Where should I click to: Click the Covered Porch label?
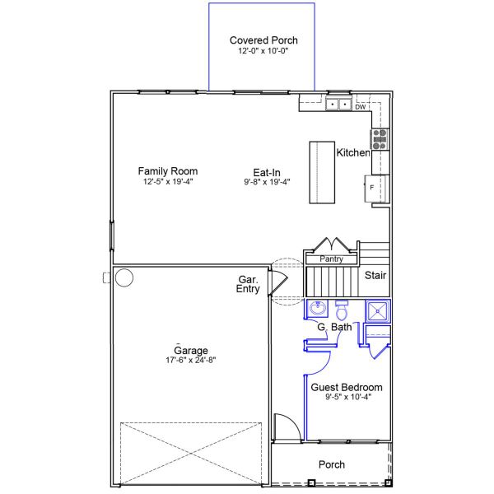[263, 40]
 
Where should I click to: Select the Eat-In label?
[267, 171]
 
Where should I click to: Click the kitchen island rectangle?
[322, 173]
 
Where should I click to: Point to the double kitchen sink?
[338, 105]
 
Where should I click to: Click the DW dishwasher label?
[360, 107]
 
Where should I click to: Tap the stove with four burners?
[380, 138]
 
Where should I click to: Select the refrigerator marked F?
[375, 187]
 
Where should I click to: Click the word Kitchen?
[353, 153]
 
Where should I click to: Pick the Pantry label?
[331, 259]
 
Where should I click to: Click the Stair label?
[375, 276]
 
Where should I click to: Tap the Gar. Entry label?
[249, 285]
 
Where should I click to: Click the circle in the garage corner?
[123, 277]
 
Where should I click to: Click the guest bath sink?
[318, 310]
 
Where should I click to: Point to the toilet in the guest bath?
[342, 312]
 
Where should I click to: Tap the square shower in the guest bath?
[377, 310]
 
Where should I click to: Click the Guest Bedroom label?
[346, 387]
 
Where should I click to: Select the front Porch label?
[331, 465]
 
